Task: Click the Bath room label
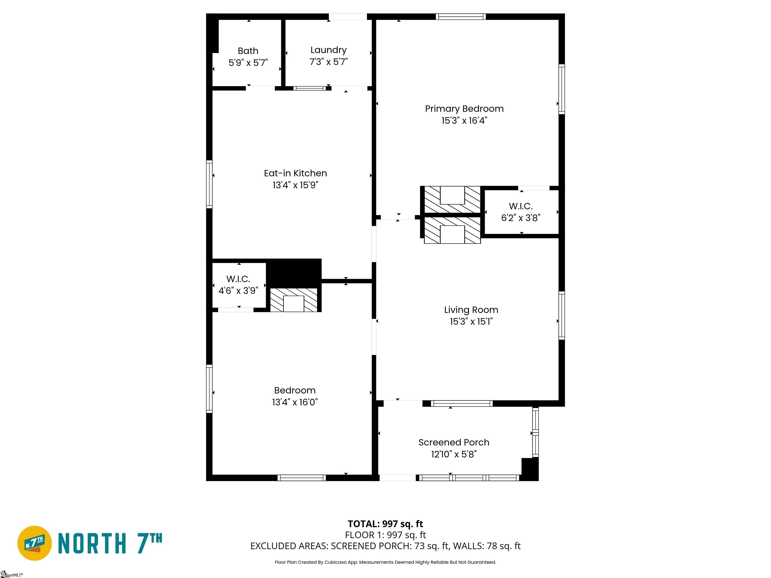[x=248, y=51]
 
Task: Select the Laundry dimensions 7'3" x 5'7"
[x=328, y=62]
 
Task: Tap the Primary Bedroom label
[x=464, y=109]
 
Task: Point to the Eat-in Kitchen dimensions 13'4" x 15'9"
[x=295, y=185]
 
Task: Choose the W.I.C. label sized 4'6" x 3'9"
[x=238, y=279]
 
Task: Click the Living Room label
[x=471, y=310]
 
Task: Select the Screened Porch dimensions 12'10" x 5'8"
[x=454, y=454]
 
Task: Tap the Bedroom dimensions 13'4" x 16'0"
[x=295, y=402]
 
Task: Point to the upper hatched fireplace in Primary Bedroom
[x=452, y=199]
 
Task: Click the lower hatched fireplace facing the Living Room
[x=452, y=230]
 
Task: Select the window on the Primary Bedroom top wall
[x=461, y=16]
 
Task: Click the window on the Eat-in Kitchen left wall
[x=209, y=184]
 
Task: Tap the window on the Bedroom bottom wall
[x=302, y=478]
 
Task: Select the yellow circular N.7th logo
[x=34, y=543]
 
